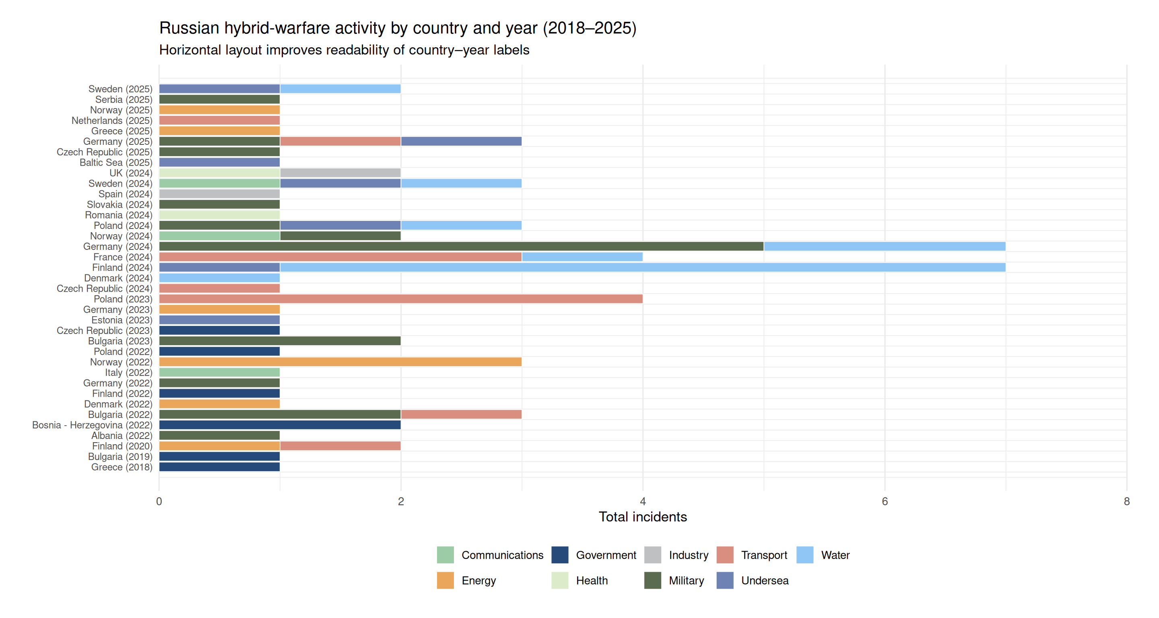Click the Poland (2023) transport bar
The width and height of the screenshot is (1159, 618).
tap(400, 299)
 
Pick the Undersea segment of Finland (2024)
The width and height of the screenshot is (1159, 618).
tap(220, 268)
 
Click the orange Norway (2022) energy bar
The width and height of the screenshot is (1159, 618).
tap(340, 362)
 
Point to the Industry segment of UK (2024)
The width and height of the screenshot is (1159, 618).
tap(340, 173)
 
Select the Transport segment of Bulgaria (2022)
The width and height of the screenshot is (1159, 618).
tap(461, 415)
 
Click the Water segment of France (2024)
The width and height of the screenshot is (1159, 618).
tap(582, 257)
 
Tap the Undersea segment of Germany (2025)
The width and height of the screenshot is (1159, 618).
tap(461, 142)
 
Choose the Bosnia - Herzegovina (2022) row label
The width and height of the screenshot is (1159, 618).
tap(92, 425)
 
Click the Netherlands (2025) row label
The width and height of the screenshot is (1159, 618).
tap(112, 121)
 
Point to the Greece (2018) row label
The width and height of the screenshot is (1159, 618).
tap(122, 468)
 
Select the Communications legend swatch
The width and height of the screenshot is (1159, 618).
tap(445, 555)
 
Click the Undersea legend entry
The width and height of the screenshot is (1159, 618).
tap(765, 581)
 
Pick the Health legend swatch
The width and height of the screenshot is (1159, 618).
tap(560, 581)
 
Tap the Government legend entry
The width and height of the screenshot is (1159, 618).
tap(606, 555)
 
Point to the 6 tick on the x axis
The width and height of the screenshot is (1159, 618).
tap(885, 501)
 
